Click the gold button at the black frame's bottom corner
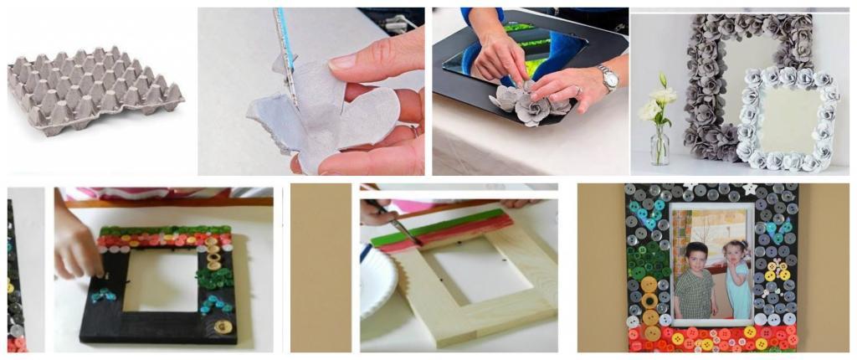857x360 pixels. coord(223,327)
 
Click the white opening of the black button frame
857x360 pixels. coord(164,280)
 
